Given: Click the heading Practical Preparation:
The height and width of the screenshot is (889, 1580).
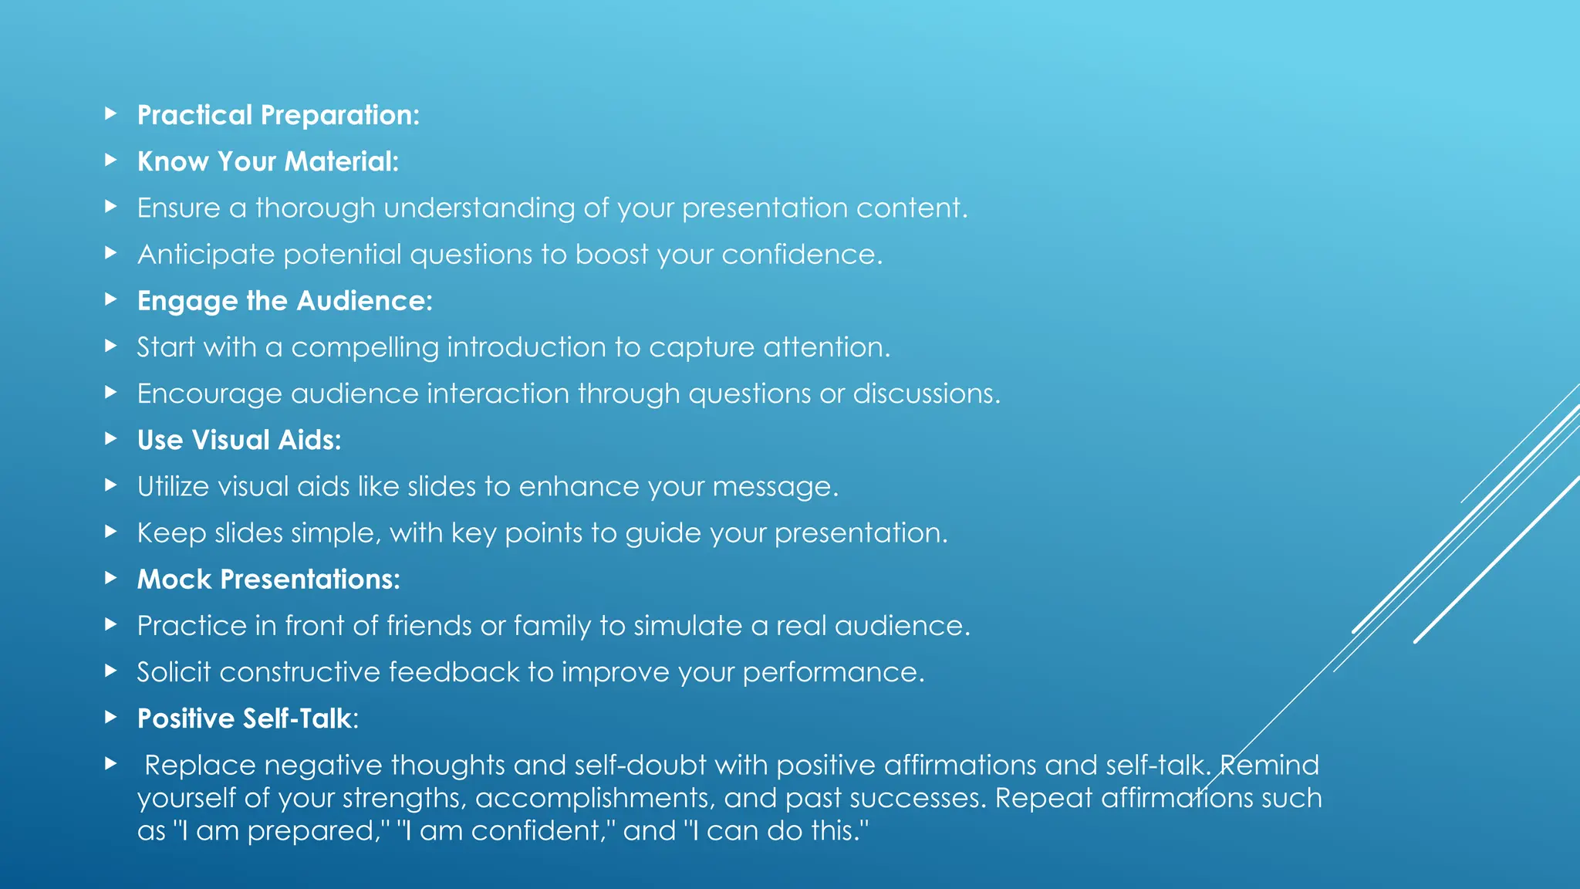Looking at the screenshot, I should click(x=278, y=116).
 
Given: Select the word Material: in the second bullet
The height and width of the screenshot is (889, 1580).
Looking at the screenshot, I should click(x=341, y=162).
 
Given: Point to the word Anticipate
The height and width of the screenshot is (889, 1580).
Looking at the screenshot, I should click(x=205, y=255).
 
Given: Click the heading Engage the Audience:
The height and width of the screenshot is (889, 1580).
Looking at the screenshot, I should click(x=285, y=301).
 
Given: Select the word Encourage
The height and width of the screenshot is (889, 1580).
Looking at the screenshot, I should click(x=209, y=394).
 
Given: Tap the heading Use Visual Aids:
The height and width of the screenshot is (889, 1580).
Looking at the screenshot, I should click(x=239, y=441).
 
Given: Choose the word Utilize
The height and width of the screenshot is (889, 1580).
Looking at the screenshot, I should click(x=173, y=487).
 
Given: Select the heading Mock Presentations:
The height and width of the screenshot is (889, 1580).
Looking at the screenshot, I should click(x=268, y=580).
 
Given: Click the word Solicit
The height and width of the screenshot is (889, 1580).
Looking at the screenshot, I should click(x=174, y=672).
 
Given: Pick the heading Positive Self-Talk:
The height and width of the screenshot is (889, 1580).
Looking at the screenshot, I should click(x=248, y=719).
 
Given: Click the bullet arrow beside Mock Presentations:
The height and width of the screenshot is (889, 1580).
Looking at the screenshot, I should click(x=111, y=578).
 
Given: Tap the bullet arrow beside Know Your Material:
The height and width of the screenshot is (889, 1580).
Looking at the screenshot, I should click(x=111, y=161).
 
